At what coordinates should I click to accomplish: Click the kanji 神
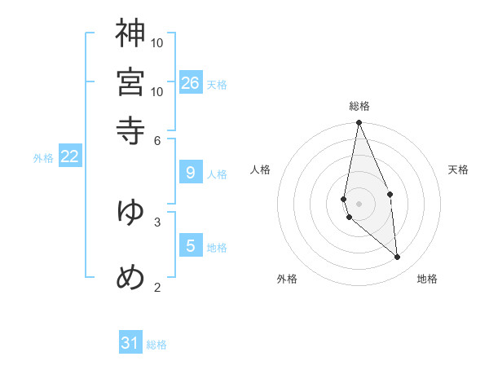(x=130, y=33)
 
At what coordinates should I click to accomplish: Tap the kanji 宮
(x=130, y=81)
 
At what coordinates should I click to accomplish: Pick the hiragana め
(x=130, y=277)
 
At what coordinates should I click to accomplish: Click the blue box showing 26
(x=191, y=82)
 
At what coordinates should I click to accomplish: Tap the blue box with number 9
(x=191, y=173)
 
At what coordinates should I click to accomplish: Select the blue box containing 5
(x=191, y=246)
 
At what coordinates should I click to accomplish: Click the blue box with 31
(x=130, y=343)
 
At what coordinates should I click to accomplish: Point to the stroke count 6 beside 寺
(x=157, y=140)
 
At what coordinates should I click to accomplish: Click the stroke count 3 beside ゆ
(x=157, y=221)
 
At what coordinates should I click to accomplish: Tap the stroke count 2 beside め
(x=157, y=287)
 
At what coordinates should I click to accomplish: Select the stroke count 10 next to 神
(x=157, y=43)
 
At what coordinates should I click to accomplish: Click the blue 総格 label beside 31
(x=156, y=345)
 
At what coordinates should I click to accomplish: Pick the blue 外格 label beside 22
(x=42, y=158)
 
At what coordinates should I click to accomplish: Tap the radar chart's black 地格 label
(x=427, y=279)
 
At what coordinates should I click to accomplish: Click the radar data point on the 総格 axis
(x=359, y=123)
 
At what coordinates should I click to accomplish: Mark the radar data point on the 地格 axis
(x=398, y=257)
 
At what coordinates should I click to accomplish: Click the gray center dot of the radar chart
(x=359, y=203)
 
